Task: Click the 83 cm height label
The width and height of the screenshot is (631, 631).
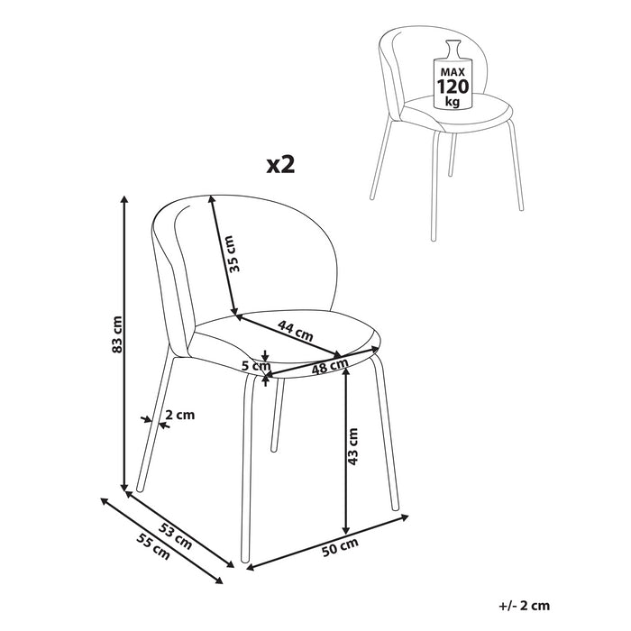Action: coord(116,334)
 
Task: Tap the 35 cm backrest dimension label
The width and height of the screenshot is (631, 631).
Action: coord(233,254)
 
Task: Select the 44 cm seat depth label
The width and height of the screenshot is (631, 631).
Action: coord(296,331)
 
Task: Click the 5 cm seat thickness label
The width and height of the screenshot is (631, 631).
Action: coord(256,366)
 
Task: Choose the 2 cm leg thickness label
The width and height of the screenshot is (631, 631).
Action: coord(180,415)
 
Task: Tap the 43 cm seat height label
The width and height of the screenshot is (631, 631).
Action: coord(352,447)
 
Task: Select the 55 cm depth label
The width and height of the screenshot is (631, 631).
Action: coord(153,546)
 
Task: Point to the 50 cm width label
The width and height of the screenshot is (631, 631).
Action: coord(340,547)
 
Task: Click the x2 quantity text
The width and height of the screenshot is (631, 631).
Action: coord(281,165)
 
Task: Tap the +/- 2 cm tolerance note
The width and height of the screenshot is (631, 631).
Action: coord(524,605)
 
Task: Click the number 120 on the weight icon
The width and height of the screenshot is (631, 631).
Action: coord(453,87)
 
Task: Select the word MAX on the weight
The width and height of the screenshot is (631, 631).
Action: coord(453,72)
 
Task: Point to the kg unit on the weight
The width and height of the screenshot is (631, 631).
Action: coord(453,101)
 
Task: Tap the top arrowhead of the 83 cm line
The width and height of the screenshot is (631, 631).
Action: coord(124,199)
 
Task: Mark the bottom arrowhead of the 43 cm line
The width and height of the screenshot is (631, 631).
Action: coord(345,530)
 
